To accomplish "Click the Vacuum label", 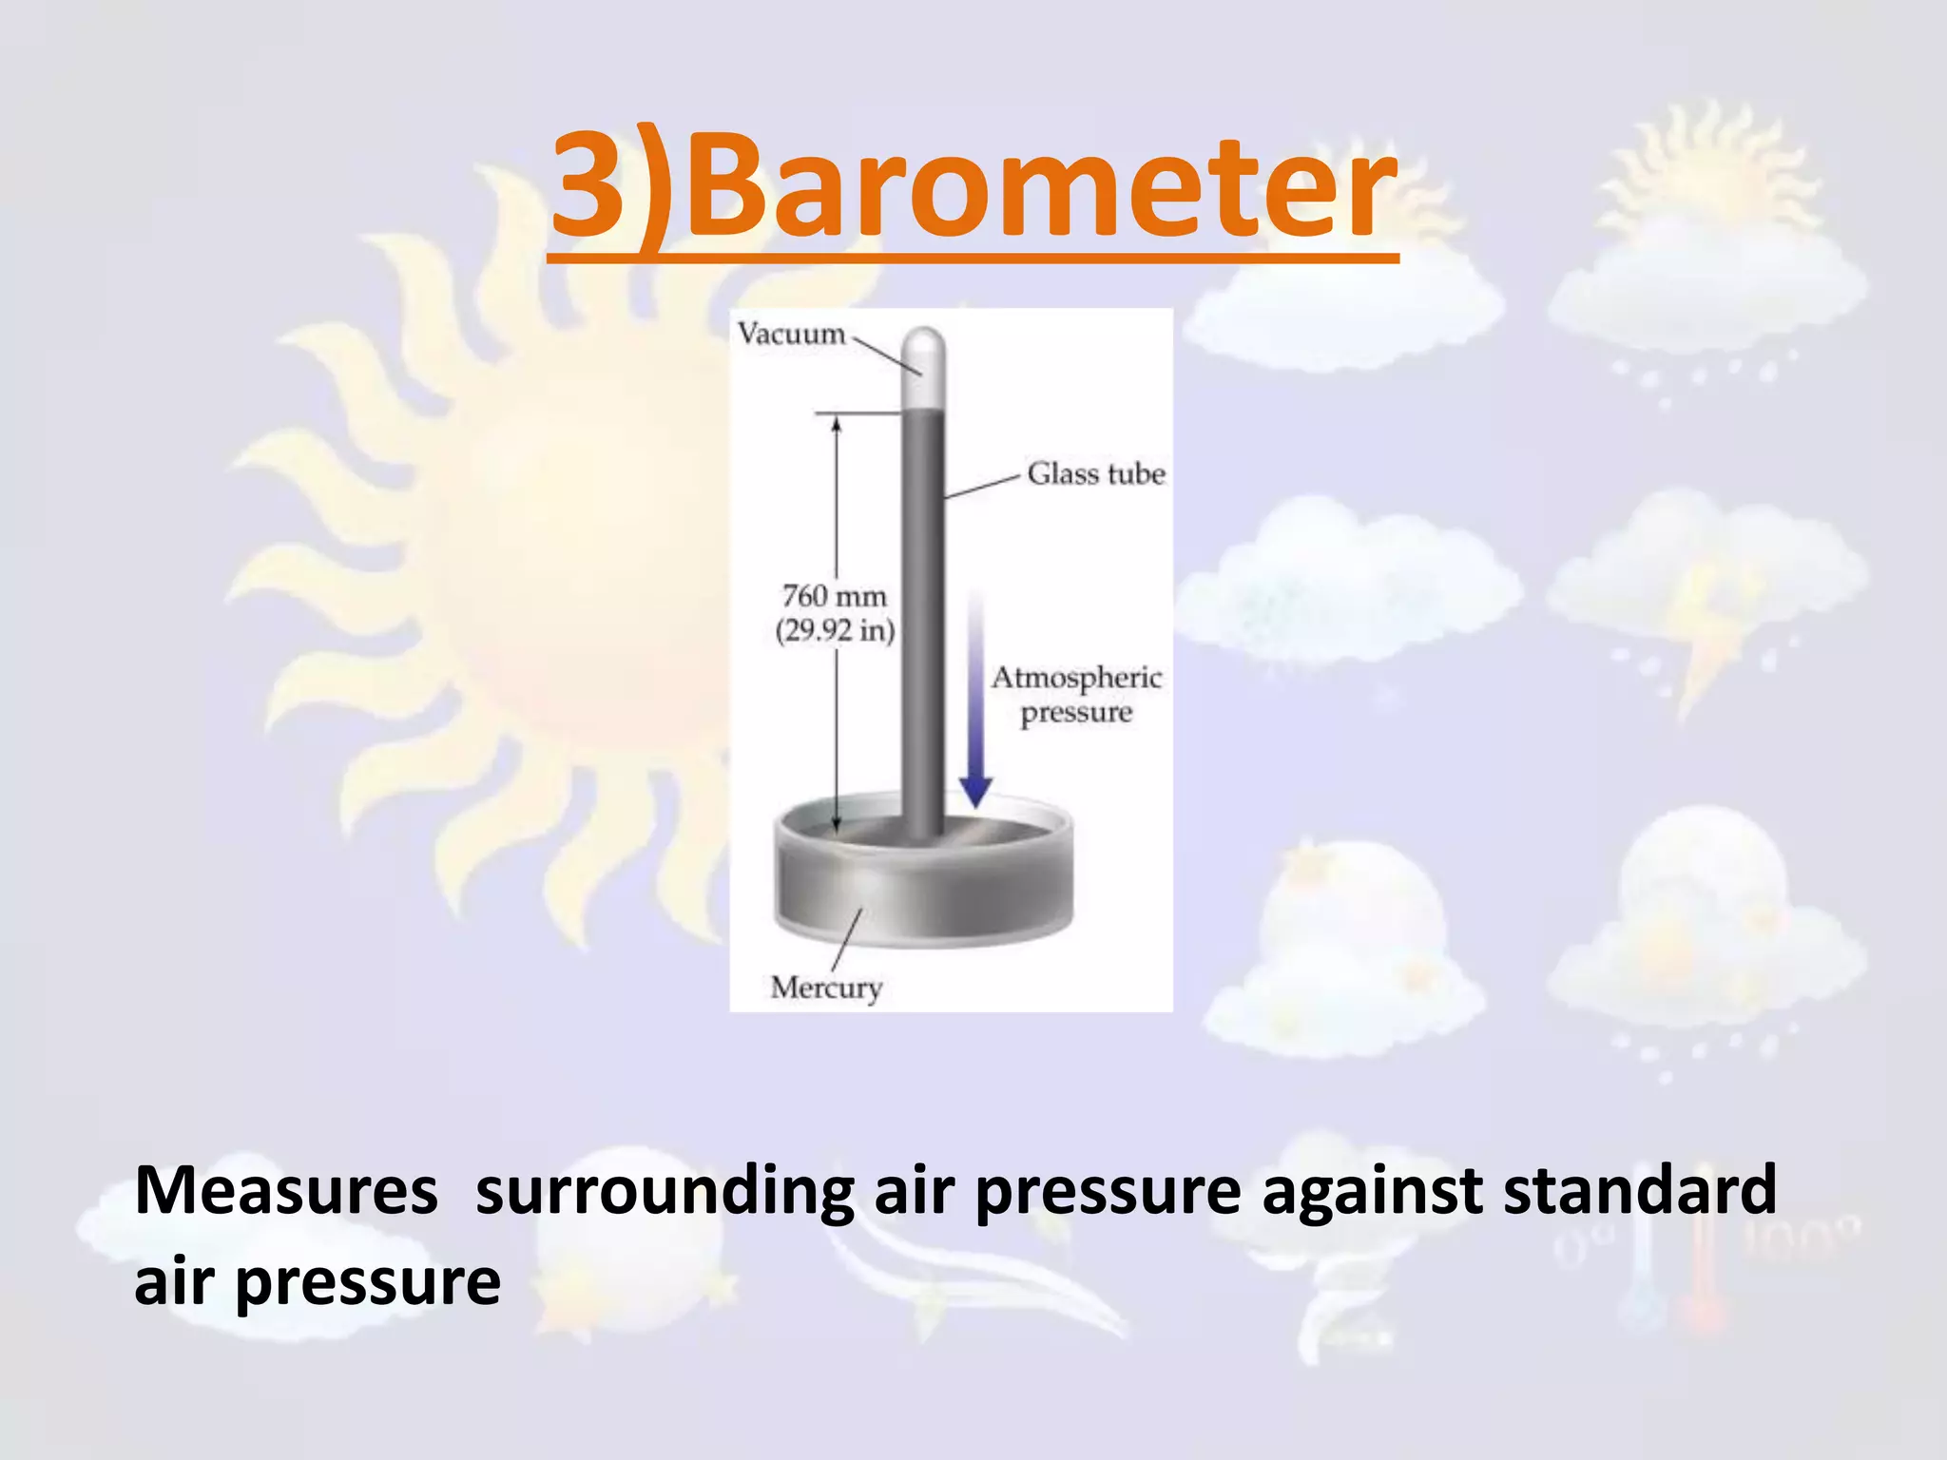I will click(791, 334).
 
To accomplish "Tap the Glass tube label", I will click(1095, 473).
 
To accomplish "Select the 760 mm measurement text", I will click(834, 596).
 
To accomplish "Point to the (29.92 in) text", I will click(835, 630).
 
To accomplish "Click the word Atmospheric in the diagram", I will click(1076, 678).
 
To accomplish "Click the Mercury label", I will click(826, 988).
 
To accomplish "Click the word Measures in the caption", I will click(286, 1190).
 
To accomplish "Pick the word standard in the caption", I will click(1639, 1190).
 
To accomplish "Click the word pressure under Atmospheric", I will click(1076, 713).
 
